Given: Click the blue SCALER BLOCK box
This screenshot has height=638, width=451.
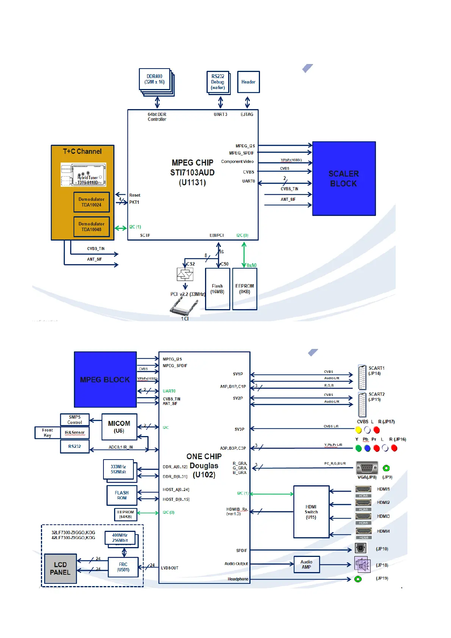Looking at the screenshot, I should (x=344, y=178).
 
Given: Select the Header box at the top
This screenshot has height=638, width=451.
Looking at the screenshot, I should (x=248, y=82).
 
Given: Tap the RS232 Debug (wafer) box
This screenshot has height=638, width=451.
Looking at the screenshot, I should (x=218, y=82).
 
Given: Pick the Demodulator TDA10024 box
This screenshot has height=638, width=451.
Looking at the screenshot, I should (x=91, y=202).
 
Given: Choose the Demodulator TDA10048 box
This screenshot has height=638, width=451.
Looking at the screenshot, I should (x=91, y=227).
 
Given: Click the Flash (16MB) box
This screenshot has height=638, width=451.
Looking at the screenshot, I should (x=218, y=289).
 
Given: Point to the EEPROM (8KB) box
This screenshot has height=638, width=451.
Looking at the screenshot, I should (x=244, y=289).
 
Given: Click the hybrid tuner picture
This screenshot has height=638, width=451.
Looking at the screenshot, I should (x=83, y=175).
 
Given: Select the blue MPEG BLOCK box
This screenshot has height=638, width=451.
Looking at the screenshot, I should (x=105, y=379).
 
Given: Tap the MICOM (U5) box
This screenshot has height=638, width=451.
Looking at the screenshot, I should (x=119, y=427).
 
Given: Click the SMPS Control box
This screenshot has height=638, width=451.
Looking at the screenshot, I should (x=75, y=420).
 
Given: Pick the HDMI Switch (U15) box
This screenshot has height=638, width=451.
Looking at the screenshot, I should (x=311, y=512).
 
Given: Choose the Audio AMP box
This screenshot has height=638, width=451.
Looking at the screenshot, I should (x=307, y=565).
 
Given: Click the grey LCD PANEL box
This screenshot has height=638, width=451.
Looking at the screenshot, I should (x=60, y=569).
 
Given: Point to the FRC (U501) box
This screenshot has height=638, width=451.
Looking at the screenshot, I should (x=123, y=567).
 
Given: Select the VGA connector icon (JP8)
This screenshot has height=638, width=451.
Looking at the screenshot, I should (x=366, y=468).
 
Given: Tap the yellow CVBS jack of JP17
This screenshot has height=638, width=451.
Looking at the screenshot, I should (x=358, y=430).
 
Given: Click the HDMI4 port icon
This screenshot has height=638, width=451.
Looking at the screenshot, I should (x=363, y=531).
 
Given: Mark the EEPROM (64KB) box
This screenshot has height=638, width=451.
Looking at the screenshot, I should (x=125, y=514).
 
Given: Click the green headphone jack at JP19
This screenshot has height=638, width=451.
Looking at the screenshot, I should (x=358, y=579).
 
